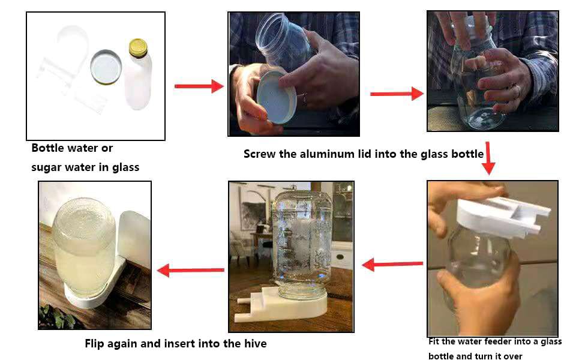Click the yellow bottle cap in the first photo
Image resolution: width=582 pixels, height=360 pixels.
tap(138, 48)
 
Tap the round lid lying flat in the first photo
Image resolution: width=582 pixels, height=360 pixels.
tap(106, 67)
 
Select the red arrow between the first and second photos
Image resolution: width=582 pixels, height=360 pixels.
tap(199, 86)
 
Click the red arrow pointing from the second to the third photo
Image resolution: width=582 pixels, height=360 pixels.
tap(397, 94)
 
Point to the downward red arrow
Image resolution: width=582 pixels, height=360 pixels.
tap(488, 158)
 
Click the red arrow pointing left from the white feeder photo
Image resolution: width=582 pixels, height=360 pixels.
tap(392, 265)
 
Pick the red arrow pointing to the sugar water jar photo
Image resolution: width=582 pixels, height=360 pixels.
tap(190, 270)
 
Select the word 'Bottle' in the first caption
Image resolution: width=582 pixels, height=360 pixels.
tap(47, 148)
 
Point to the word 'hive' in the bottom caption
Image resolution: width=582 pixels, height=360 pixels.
tap(256, 343)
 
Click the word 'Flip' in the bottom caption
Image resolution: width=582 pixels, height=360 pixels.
tap(94, 344)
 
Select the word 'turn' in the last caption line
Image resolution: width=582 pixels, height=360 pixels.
tap(483, 356)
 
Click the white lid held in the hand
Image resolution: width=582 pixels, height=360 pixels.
tap(277, 97)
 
